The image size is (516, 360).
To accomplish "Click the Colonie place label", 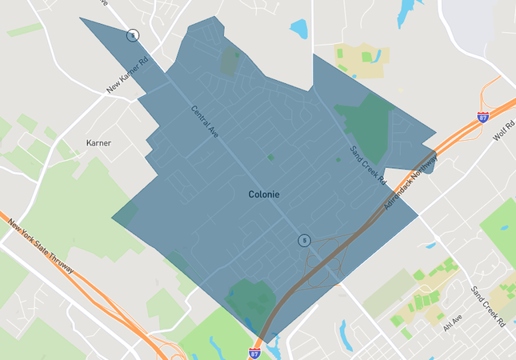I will pyautogui.click(x=264, y=194).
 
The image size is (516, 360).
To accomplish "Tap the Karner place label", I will pyautogui.click(x=98, y=143).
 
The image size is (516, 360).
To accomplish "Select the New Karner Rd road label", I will pyautogui.click(x=128, y=74).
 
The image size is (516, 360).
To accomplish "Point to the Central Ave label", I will pyautogui.click(x=204, y=122).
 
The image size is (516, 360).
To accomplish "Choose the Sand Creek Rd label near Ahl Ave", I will pyautogui.click(x=488, y=306).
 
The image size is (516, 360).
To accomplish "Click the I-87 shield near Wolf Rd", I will pyautogui.click(x=482, y=117).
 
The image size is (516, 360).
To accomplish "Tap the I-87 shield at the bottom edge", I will pyautogui.click(x=254, y=353).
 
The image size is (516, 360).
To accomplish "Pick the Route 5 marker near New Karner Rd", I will pyautogui.click(x=132, y=35).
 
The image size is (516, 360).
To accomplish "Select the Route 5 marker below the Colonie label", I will pyautogui.click(x=304, y=240).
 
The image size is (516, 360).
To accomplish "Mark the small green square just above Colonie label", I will pyautogui.click(x=270, y=158).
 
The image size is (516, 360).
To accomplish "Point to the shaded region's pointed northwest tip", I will pyautogui.click(x=82, y=19).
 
